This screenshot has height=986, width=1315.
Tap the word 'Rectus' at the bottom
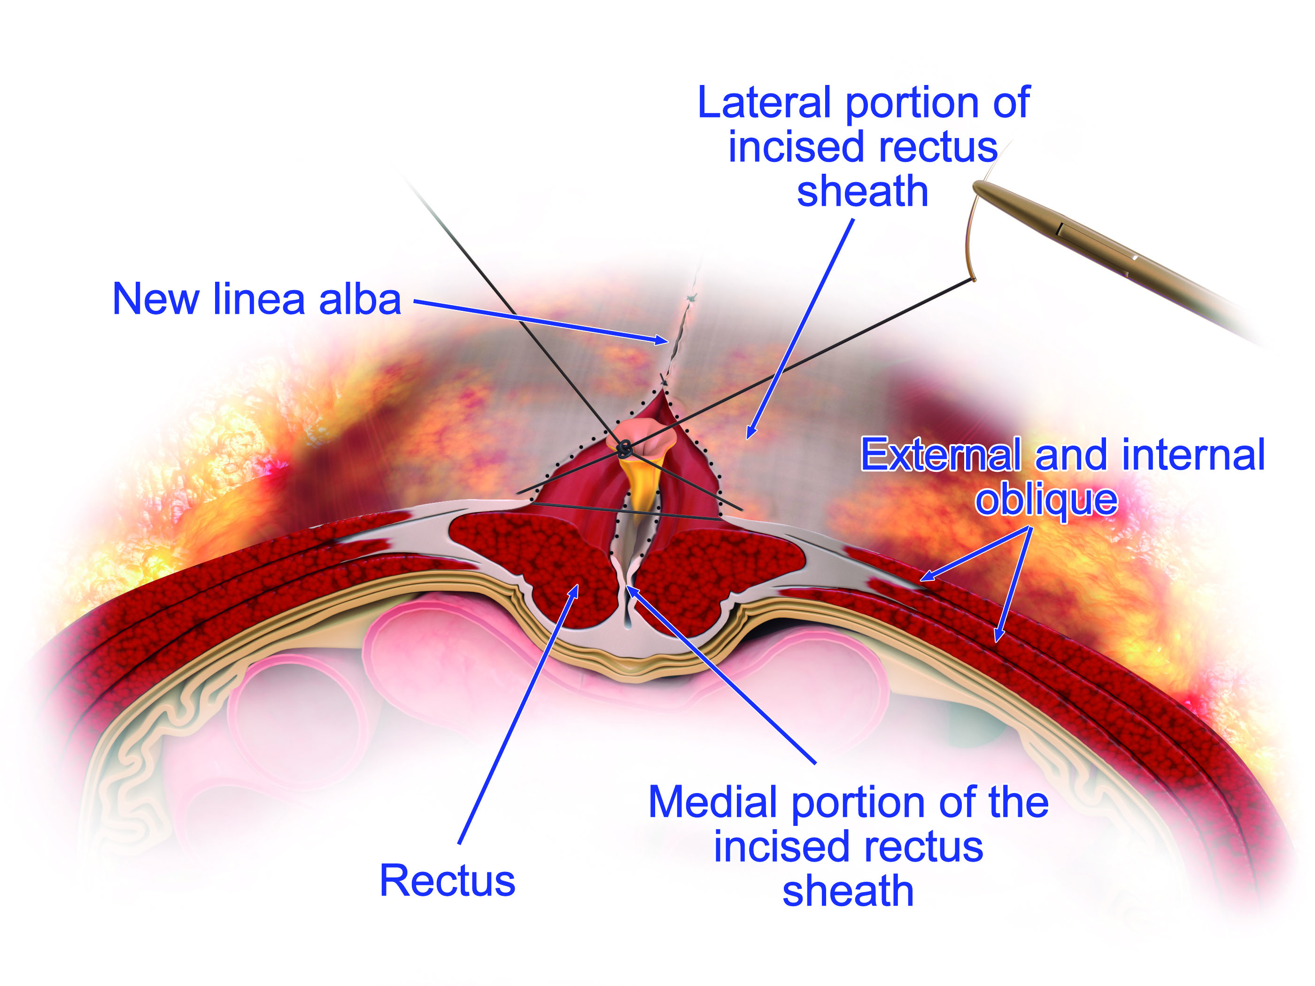(x=447, y=881)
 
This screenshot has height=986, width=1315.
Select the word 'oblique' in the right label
(x=1046, y=501)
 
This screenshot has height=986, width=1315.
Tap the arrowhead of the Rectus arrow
(x=575, y=589)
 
